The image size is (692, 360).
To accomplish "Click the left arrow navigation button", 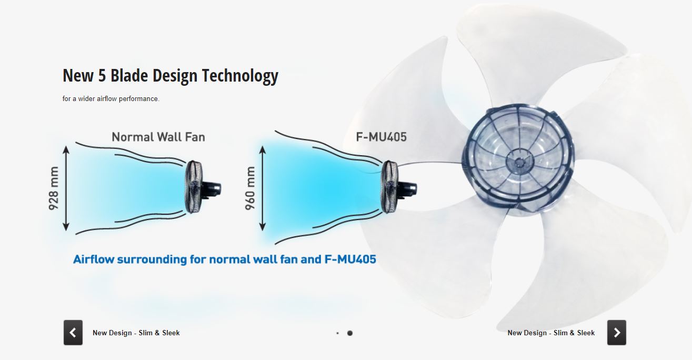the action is tap(73, 333).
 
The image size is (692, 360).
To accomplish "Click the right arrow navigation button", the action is tap(617, 333).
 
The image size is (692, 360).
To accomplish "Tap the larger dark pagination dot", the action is tap(350, 333).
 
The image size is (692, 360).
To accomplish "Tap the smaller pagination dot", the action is tap(337, 333).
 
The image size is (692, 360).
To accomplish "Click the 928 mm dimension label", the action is tap(54, 188).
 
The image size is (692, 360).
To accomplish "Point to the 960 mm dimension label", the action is tap(250, 188).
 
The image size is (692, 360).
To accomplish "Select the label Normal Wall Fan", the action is tap(158, 137).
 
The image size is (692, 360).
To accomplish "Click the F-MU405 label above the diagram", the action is tap(381, 137).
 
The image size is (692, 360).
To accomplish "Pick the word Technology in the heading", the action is tap(240, 76).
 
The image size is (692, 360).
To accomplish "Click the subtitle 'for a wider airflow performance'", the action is tap(111, 99).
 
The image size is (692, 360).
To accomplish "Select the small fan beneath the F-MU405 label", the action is tap(398, 187).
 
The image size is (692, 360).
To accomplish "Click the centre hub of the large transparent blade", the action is tap(519, 161).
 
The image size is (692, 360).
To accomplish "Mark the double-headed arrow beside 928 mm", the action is tap(66, 188).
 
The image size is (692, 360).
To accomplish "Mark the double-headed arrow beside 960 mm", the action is tap(262, 188).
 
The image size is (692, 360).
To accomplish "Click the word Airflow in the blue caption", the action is tap(94, 259).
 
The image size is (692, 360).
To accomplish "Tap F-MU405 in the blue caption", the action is tap(350, 259).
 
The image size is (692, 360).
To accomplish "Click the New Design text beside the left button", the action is tap(112, 333).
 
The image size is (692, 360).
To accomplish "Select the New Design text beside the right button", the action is tap(527, 333).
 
